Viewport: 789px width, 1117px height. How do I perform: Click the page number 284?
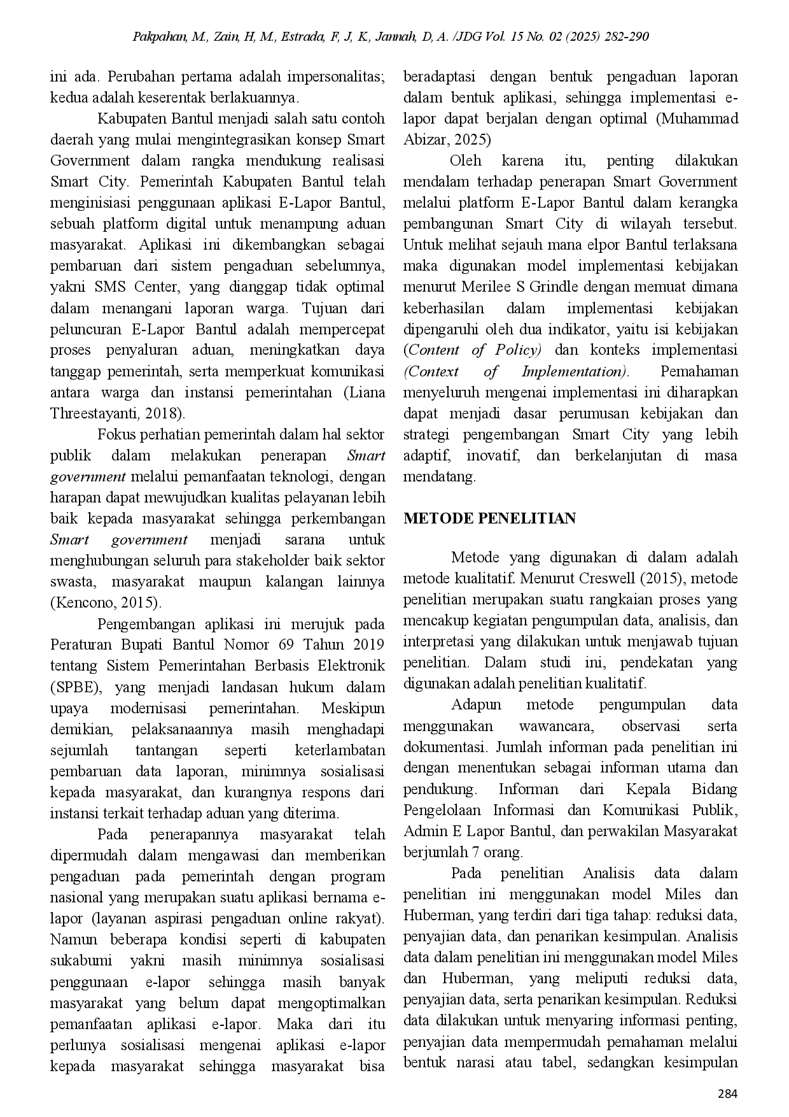(727, 1094)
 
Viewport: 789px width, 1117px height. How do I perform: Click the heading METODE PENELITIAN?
(489, 518)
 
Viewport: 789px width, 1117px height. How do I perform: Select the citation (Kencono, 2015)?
(106, 602)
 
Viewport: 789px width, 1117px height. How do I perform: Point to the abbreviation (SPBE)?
(76, 687)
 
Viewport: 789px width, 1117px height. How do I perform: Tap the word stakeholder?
(293, 560)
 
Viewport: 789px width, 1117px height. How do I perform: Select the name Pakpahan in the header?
(159, 36)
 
